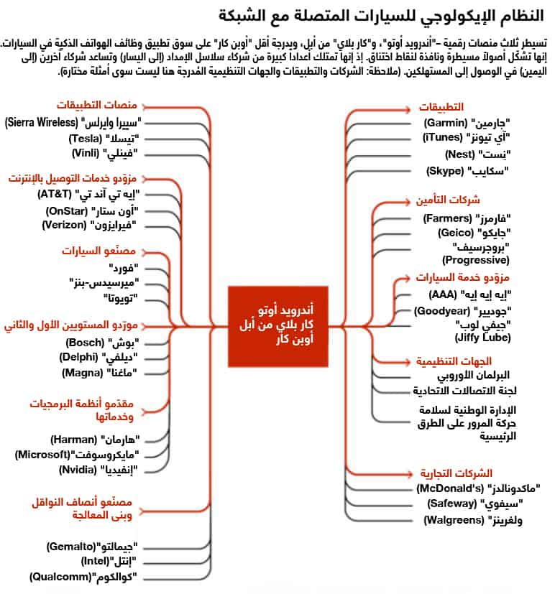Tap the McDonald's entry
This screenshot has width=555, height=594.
coord(479,488)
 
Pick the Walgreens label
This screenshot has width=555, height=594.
coord(473,519)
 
